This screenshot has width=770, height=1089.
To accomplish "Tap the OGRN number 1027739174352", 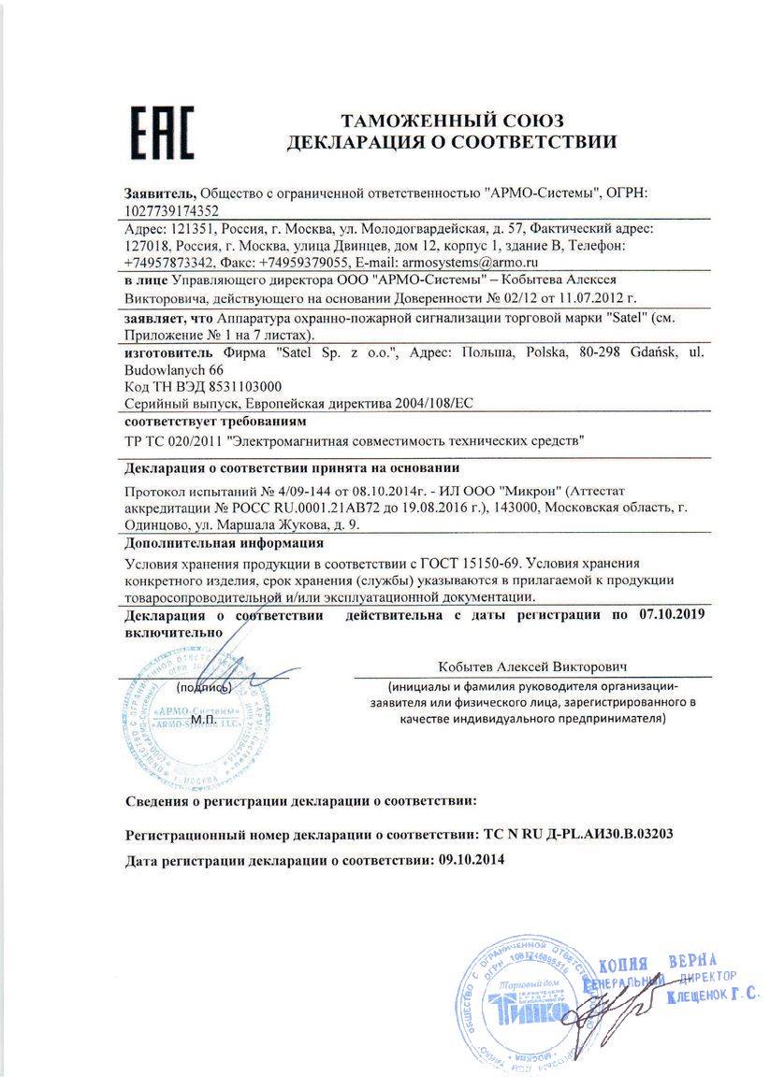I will (172, 210).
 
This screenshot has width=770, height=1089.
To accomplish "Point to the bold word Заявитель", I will (160, 193).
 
